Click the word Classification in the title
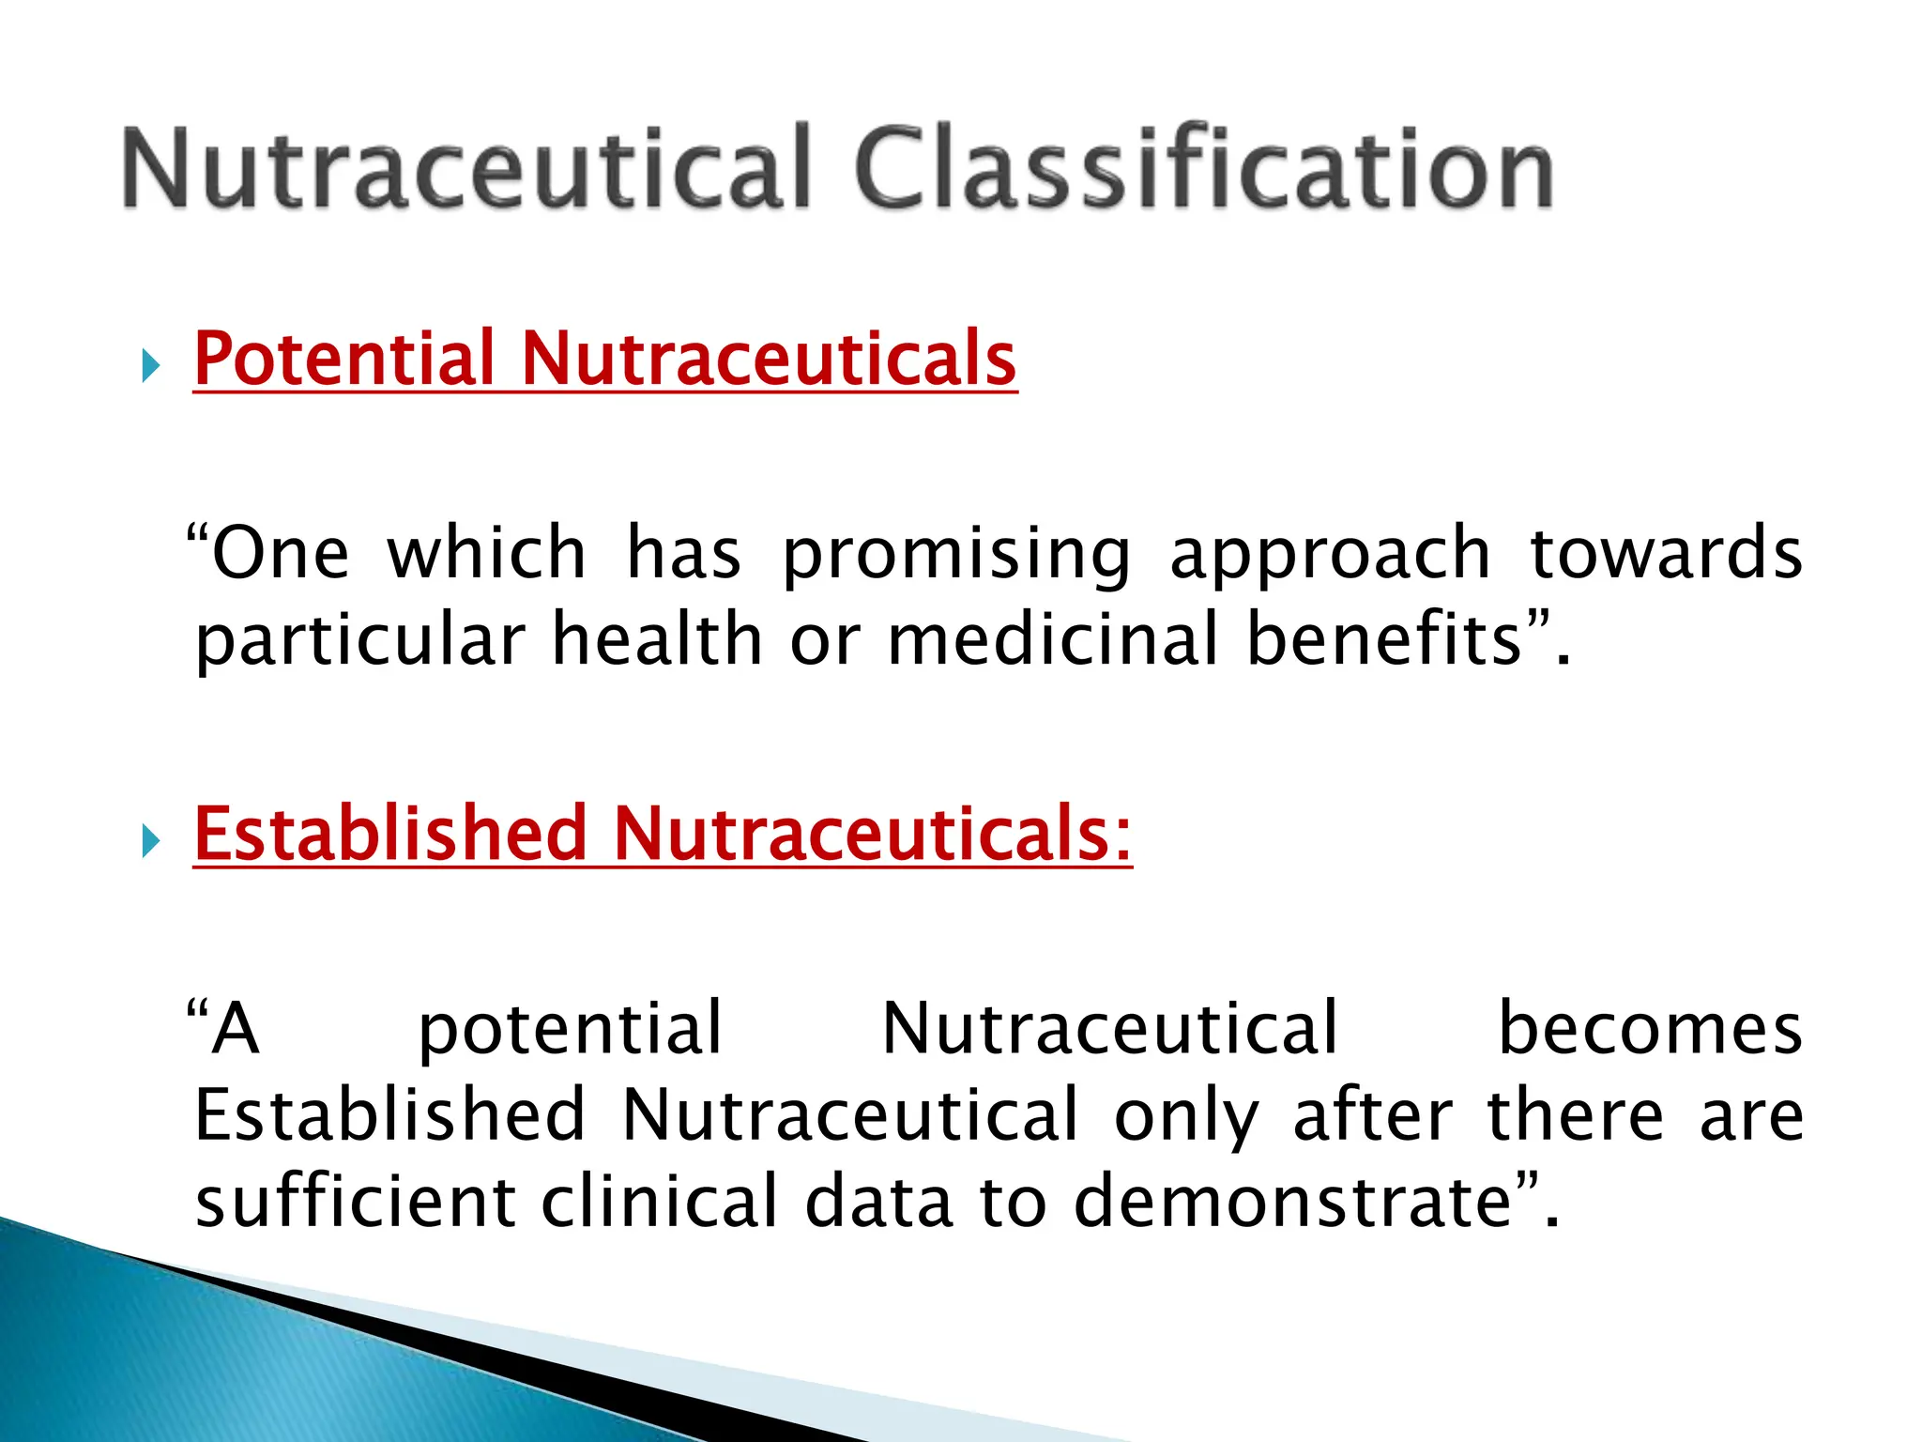click(x=1204, y=169)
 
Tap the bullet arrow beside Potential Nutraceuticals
click(x=150, y=365)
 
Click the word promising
click(x=956, y=554)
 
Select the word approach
click(x=1330, y=554)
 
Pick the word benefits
click(x=1384, y=639)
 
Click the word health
click(x=657, y=639)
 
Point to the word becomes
click(x=1649, y=1028)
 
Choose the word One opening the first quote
click(x=280, y=554)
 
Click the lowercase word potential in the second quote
click(x=570, y=1030)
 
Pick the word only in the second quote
click(x=1186, y=1116)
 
